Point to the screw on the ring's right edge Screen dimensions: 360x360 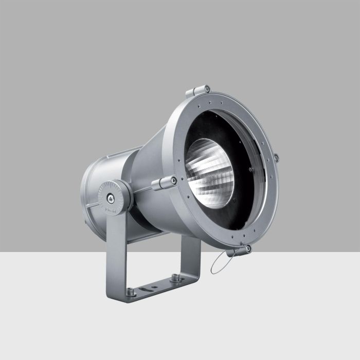276,157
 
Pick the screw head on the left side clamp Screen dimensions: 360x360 175,180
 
